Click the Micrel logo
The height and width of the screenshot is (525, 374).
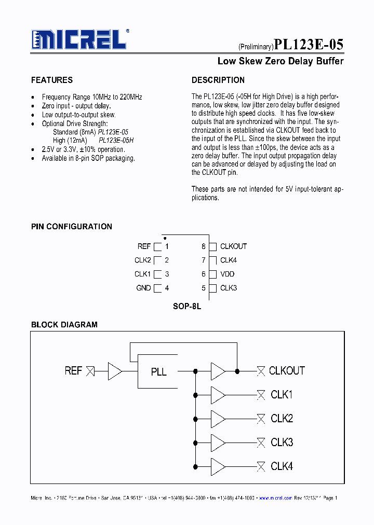point(79,39)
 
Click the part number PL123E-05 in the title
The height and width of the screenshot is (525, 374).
point(309,45)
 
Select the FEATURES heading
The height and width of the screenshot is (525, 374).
point(52,80)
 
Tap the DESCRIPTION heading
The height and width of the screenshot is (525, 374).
point(218,80)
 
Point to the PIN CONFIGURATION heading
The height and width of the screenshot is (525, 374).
point(72,227)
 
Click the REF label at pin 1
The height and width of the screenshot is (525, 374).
point(144,246)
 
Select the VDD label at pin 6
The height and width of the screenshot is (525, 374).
point(227,274)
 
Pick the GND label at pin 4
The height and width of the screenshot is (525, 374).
point(143,288)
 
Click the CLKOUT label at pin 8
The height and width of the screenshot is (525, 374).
point(233,246)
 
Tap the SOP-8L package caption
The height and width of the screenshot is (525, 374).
point(187,307)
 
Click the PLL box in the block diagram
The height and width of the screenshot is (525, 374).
point(158,371)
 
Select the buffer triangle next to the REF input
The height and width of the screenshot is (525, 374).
point(114,371)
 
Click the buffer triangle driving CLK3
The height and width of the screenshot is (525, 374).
point(218,443)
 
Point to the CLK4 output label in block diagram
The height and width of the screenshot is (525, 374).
point(282,466)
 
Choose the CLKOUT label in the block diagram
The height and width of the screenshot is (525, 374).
point(287,371)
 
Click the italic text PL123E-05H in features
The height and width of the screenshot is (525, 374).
point(116,141)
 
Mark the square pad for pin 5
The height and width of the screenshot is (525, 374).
point(212,288)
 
